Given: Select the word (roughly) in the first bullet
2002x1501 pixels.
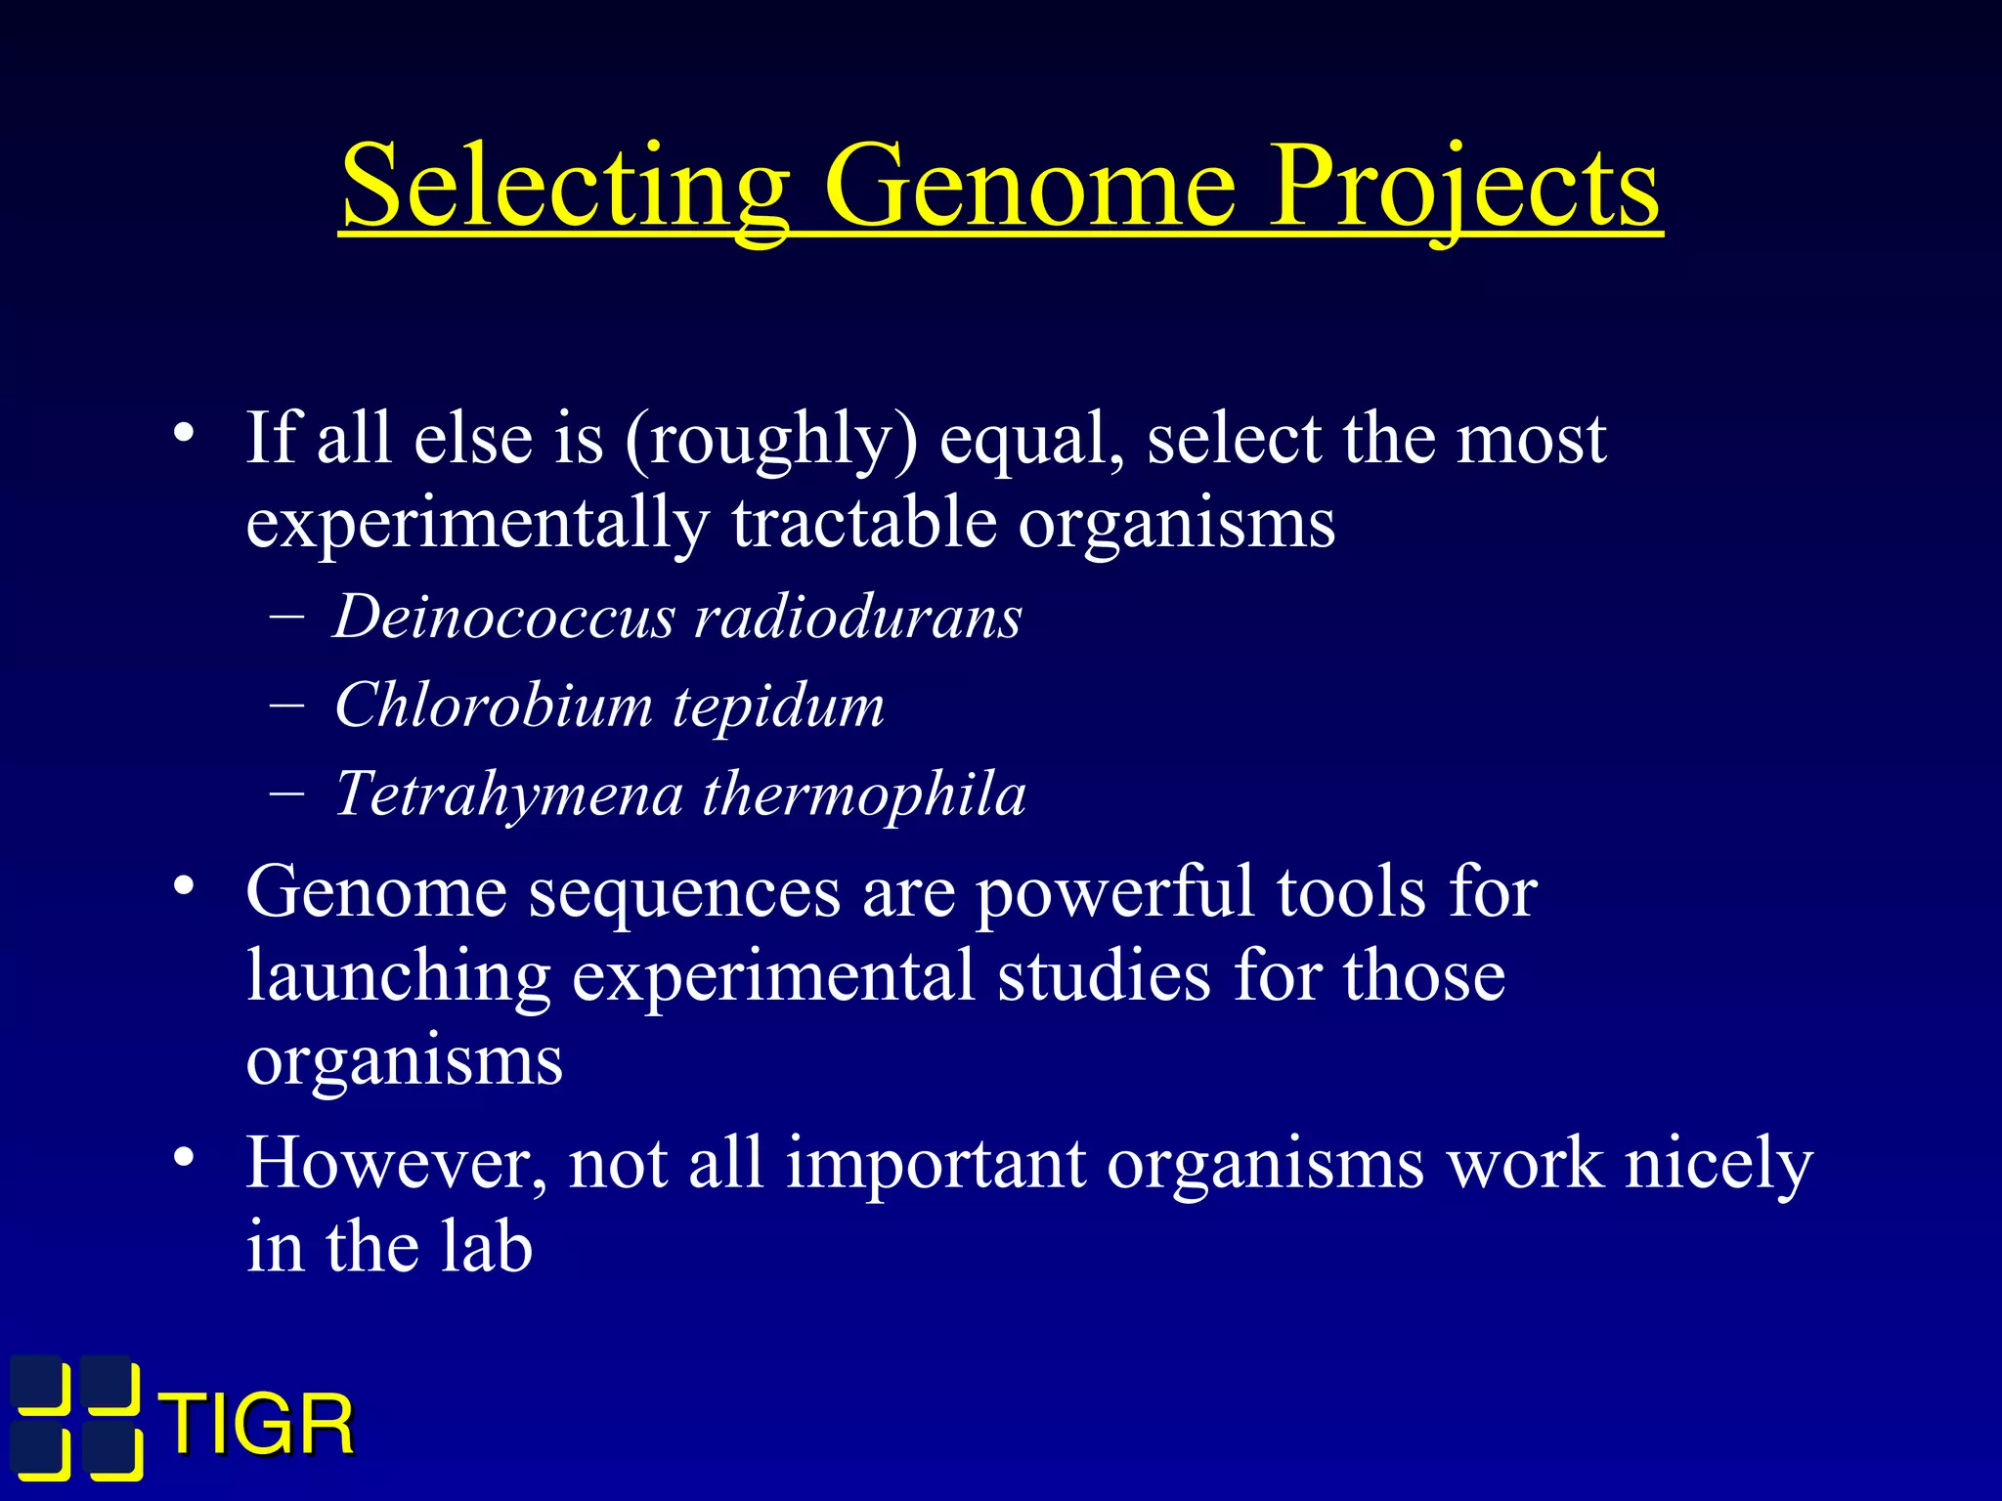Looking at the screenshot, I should pos(771,440).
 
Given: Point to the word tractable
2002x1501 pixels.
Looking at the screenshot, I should pos(864,523).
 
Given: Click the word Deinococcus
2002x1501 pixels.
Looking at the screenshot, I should pos(504,618).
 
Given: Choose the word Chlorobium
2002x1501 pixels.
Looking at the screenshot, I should pos(493,706).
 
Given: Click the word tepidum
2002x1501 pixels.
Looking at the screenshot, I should pos(778,706).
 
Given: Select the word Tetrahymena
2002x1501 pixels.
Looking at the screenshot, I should pos(508,793).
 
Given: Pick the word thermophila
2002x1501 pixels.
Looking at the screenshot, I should pos(864,793).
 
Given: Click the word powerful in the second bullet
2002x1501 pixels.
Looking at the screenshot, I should pos(1114,893).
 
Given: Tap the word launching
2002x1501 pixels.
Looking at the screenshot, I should pos(399,977).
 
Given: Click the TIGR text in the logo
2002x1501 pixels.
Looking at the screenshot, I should pos(258,1425).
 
